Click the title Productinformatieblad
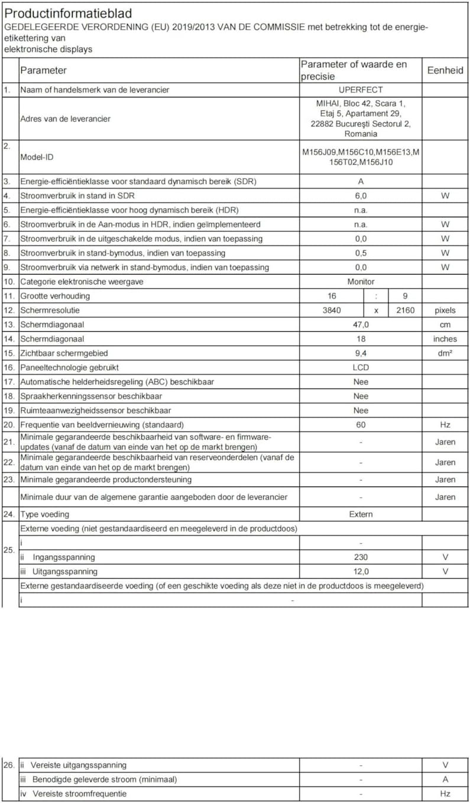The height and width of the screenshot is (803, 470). tap(69, 13)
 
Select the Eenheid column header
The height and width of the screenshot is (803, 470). tap(445, 70)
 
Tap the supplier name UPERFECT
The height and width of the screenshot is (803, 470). tap(361, 90)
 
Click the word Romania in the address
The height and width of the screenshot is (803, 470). tap(361, 134)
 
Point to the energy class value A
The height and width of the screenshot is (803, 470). tap(361, 181)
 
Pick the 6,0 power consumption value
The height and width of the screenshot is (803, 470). tap(361, 195)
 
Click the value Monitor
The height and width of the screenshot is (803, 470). tap(361, 282)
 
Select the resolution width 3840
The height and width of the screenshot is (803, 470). tap(330, 310)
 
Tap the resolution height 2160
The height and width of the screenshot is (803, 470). tap(405, 310)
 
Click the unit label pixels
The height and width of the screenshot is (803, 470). tap(445, 310)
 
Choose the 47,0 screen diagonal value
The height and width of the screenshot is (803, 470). tap(361, 325)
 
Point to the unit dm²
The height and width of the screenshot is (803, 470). tap(445, 353)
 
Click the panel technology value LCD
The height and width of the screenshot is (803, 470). tap(361, 367)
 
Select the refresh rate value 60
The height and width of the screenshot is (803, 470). tap(361, 425)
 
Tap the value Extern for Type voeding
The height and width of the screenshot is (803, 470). tap(361, 514)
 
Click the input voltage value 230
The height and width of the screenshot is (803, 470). tap(361, 557)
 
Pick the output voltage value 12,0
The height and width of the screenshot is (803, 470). tap(361, 572)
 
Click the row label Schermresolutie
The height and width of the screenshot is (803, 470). tap(50, 310)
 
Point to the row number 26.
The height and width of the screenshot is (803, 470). tap(9, 765)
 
